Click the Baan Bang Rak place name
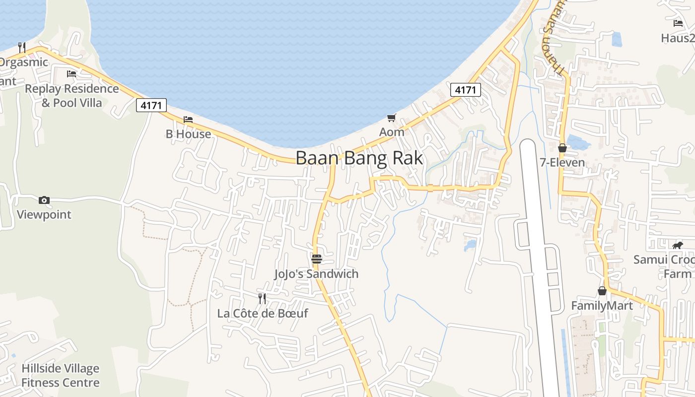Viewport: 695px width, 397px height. [x=359, y=158]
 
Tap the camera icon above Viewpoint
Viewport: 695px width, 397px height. [x=44, y=200]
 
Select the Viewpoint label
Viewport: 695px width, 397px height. [x=44, y=214]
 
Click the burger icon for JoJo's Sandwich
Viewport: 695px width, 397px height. [x=317, y=259]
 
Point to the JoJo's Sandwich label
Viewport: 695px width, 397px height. [x=316, y=273]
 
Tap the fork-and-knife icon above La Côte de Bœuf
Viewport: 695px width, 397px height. [x=262, y=298]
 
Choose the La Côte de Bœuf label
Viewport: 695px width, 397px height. [x=263, y=313]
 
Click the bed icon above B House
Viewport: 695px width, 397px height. [x=188, y=119]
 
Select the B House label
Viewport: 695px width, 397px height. [x=188, y=134]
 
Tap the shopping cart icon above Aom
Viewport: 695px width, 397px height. [x=392, y=118]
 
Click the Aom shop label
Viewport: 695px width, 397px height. [x=392, y=132]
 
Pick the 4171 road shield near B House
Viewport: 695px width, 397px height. [x=151, y=105]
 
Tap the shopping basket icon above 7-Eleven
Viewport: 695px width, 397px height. [x=562, y=148]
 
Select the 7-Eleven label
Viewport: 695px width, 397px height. [x=562, y=162]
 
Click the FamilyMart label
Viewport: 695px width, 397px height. [x=602, y=305]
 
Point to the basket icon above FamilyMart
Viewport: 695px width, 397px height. [x=602, y=290]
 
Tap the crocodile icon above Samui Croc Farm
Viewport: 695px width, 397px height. [x=678, y=245]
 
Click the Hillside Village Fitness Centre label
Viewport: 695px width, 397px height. [x=60, y=375]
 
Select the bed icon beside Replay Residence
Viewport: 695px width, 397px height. [x=71, y=74]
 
